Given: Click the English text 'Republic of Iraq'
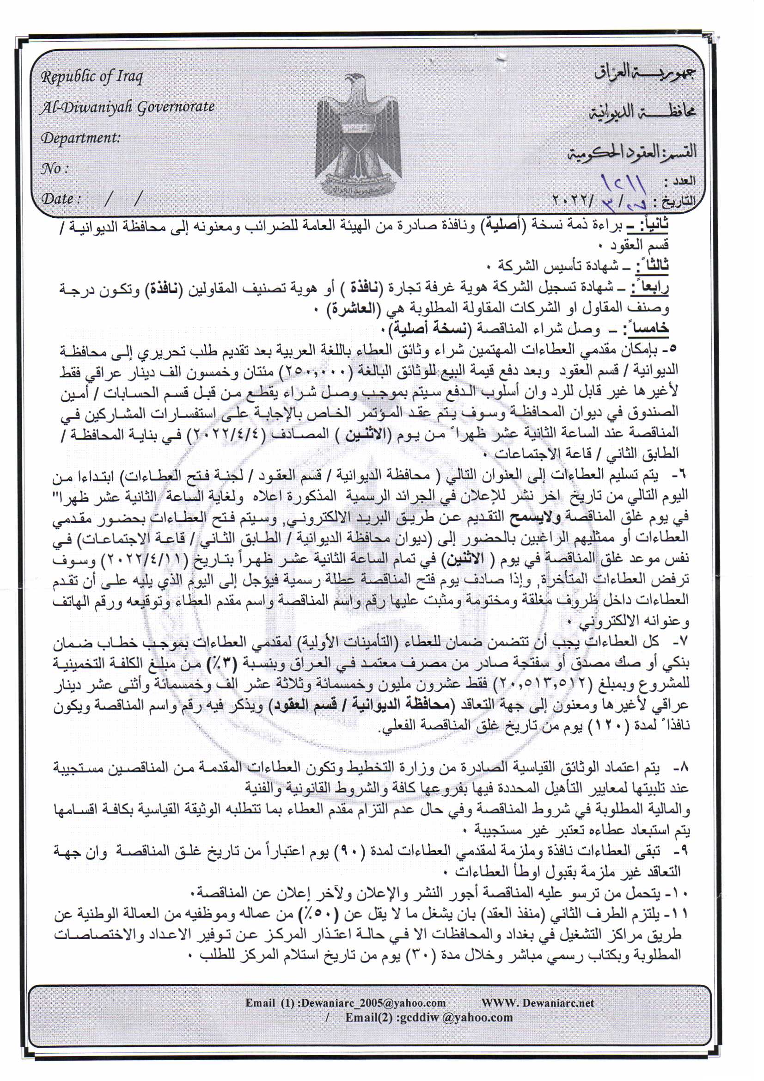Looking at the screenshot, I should [92, 76].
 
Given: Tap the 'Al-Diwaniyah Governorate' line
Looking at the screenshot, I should [128, 107].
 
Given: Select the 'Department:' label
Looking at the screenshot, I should [80, 138].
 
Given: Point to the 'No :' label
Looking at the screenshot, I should [55, 168].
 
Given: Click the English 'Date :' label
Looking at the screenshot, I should [61, 198].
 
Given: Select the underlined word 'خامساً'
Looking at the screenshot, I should [644, 328].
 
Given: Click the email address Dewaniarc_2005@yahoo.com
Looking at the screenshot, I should [373, 1003].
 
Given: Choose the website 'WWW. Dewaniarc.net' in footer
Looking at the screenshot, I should [538, 1003].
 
